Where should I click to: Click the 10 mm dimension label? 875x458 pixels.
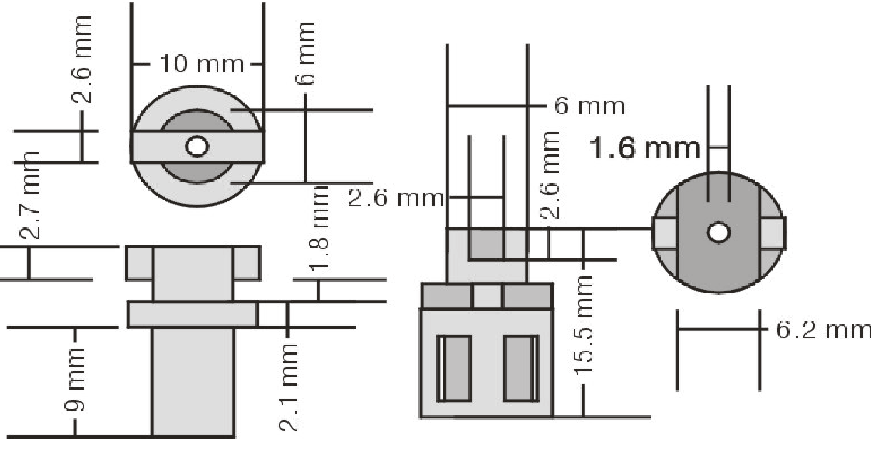tap(201, 64)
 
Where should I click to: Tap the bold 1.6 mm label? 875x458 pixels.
tap(644, 148)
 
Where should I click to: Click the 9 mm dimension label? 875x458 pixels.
tap(75, 380)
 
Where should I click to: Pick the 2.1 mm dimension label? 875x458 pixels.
tap(288, 387)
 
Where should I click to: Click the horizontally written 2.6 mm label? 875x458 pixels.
tap(396, 197)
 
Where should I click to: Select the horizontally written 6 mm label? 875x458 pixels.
tap(590, 106)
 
